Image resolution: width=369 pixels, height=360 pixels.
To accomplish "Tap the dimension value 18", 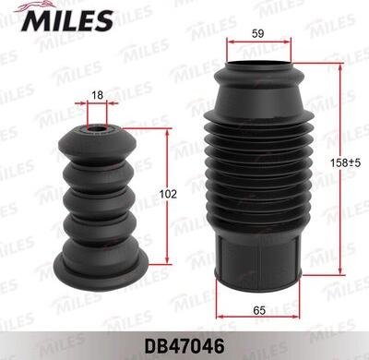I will [98, 95].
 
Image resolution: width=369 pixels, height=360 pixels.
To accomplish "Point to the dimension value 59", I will [259, 35].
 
